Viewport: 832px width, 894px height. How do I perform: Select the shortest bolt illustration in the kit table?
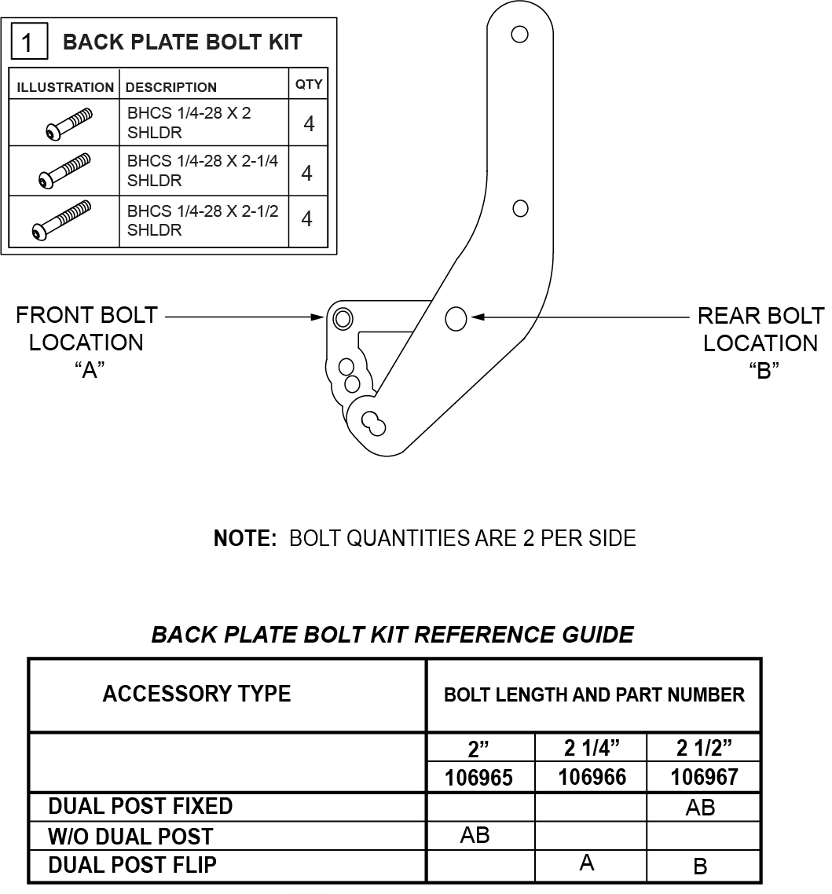click(68, 123)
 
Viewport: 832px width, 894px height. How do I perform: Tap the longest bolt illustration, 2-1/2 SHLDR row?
click(61, 220)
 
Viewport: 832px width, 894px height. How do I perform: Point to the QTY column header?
click(309, 84)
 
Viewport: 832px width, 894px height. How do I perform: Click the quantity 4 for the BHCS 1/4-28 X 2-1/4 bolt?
click(307, 173)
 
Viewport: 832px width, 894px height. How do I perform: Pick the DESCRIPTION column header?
click(170, 87)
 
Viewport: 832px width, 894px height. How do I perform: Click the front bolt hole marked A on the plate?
click(343, 318)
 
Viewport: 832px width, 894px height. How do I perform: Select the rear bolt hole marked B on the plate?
click(456, 318)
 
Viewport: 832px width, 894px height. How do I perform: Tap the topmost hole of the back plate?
click(519, 35)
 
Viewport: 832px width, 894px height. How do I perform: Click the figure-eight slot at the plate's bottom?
click(374, 423)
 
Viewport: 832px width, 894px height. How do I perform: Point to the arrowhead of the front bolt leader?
click(318, 317)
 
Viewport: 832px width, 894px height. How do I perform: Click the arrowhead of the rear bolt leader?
click(478, 317)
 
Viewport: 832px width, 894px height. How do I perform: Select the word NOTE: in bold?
click(245, 538)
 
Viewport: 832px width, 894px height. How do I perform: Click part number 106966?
click(592, 777)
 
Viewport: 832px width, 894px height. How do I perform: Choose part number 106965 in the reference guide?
click(479, 778)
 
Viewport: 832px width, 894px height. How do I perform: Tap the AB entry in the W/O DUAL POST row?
click(475, 835)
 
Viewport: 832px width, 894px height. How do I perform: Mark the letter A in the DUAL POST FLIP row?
click(587, 863)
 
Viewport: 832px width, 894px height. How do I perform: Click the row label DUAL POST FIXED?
click(141, 806)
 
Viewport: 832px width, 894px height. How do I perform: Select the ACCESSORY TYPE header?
click(196, 694)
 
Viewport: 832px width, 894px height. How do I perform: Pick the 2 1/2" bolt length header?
click(704, 747)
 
